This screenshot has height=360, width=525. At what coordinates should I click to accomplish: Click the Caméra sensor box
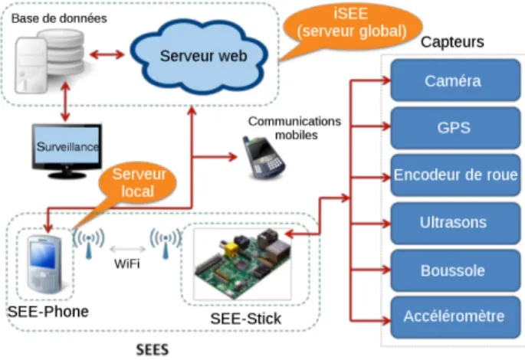455,80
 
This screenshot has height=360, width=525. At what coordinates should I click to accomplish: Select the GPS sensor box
455,128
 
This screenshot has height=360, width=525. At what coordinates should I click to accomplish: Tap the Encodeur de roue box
455,175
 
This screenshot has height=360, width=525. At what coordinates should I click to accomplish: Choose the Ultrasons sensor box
455,223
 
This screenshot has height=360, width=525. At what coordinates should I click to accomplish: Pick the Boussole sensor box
455,270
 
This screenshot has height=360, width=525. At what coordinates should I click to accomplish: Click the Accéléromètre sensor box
455,317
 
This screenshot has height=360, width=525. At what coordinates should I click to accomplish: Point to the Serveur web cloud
199,56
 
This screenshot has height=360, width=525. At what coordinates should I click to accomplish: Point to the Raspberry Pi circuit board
242,263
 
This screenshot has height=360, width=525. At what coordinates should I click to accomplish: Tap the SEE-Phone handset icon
44,264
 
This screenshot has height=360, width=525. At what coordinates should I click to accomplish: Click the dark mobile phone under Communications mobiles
264,157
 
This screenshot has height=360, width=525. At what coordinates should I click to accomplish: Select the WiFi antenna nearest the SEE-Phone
89,243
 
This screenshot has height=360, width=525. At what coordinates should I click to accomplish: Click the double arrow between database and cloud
107,54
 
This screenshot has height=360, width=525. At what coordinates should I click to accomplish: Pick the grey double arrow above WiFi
127,249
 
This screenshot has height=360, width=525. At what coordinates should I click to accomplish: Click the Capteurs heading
452,42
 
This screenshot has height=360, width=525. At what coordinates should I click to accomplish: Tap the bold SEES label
153,350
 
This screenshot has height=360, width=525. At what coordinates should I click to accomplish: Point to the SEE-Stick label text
246,319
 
